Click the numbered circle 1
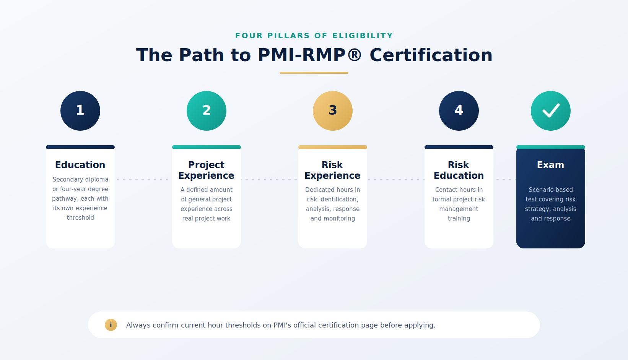coord(80,111)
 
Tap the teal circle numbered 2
coord(207,111)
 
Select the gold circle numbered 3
coord(332,111)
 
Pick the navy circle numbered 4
coord(459,111)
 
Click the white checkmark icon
coord(551,111)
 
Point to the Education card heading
coord(80,165)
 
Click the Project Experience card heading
coord(207,170)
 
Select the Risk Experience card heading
coord(332,170)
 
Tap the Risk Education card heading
coord(459,170)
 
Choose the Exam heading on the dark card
coord(551,165)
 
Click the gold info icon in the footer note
coord(111,325)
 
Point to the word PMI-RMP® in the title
coord(310,55)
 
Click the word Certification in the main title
coord(431,55)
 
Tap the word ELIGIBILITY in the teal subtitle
coord(363,36)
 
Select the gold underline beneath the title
coord(314,73)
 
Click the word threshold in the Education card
coord(80,218)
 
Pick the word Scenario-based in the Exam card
coord(551,190)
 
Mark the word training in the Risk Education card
coord(459,219)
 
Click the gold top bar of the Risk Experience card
coord(332,147)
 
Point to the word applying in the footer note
coord(423,326)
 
